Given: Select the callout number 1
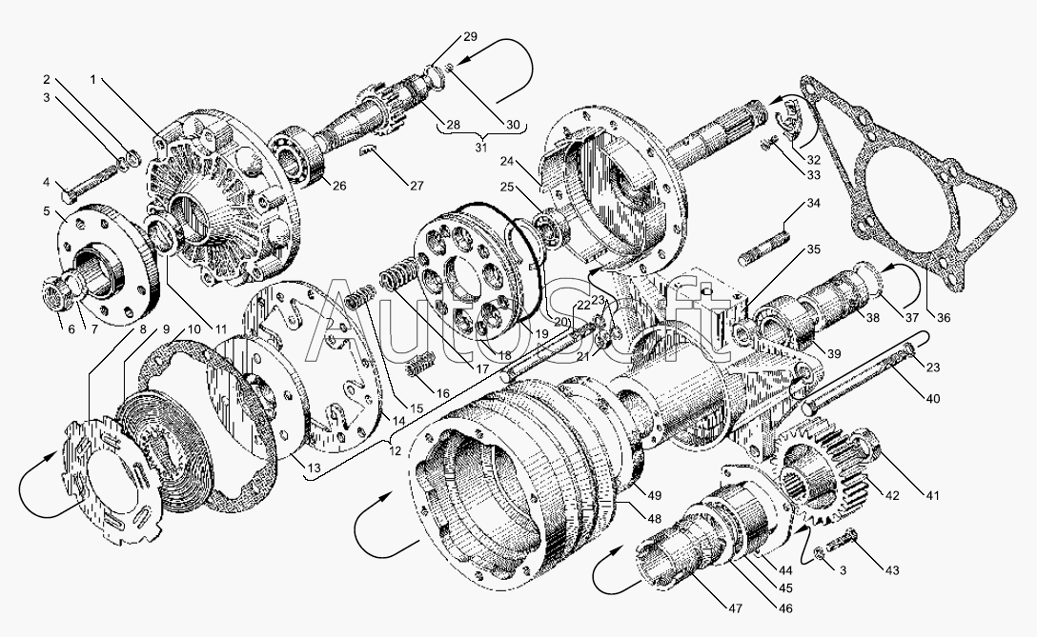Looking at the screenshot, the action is click(x=92, y=79).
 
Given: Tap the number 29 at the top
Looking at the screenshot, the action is click(x=470, y=36).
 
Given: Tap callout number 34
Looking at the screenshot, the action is click(x=812, y=203).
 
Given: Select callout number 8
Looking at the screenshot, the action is click(x=143, y=329).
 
